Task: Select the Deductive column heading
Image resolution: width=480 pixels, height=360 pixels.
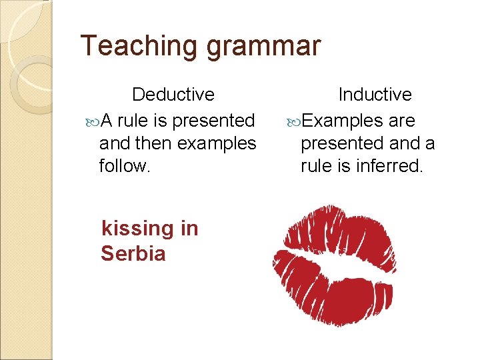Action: click(173, 95)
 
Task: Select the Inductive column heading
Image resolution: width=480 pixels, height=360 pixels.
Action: click(375, 95)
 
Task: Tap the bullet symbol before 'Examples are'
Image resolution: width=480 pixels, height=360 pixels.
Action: click(293, 122)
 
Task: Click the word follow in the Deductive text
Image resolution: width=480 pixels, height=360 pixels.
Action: click(124, 165)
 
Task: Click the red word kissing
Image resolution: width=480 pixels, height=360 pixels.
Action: click(137, 229)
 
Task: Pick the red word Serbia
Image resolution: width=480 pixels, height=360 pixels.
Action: click(133, 253)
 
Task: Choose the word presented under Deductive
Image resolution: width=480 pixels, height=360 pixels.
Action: click(213, 121)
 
